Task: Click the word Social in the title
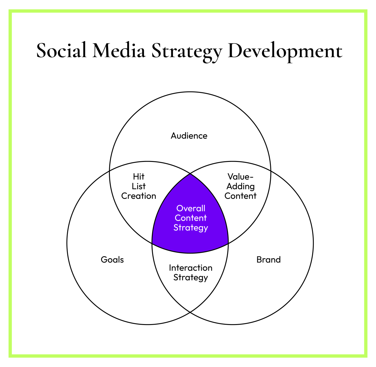coord(62,51)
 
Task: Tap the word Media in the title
coord(119,51)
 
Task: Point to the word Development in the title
coord(285,51)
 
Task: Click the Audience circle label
coord(189,136)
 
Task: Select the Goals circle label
coord(112,260)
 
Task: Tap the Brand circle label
coord(268,260)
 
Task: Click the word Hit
coord(139,177)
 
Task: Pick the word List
coord(139,186)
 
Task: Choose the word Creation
coord(139,196)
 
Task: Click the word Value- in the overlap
coord(240,177)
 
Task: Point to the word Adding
coord(240,186)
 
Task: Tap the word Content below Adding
coord(240,196)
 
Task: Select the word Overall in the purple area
coord(191,208)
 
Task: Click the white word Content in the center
coord(191,218)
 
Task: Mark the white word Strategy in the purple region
coord(191,228)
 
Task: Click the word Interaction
coord(191,268)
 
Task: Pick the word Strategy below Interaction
coord(191,278)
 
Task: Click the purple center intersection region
coord(190,241)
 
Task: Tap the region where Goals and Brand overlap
coord(190,294)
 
